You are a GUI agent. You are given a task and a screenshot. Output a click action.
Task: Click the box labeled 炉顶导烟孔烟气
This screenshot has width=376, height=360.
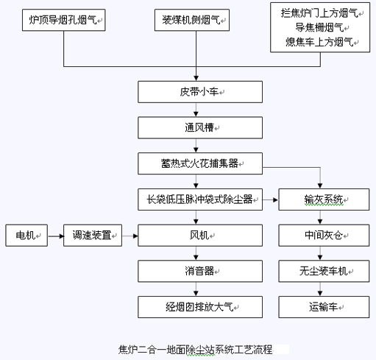(x=64, y=20)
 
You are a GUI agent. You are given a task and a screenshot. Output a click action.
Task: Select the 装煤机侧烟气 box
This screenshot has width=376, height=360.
(x=192, y=20)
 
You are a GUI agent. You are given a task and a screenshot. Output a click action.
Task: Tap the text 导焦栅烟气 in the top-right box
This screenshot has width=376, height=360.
(x=319, y=27)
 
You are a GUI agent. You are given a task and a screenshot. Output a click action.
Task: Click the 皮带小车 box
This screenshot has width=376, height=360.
(x=200, y=92)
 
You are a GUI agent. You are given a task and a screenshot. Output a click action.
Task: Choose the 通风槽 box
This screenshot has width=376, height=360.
(x=200, y=128)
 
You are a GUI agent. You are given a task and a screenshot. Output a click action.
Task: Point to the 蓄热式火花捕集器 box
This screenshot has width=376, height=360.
(x=200, y=163)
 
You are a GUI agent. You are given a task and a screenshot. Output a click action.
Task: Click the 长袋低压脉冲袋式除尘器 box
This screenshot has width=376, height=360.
(x=200, y=200)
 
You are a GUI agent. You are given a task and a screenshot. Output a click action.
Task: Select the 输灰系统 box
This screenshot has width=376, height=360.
(x=324, y=200)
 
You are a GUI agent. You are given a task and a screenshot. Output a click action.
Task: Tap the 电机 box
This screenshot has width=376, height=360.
(x=26, y=236)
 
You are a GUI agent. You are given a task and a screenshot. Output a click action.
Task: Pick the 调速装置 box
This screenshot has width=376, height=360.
(x=93, y=236)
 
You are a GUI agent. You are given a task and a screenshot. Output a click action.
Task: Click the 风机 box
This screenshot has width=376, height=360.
(x=200, y=236)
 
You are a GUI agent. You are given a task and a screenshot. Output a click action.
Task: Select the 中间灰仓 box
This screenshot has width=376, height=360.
(x=324, y=236)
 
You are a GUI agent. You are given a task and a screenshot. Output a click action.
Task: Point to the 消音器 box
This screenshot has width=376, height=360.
(x=200, y=271)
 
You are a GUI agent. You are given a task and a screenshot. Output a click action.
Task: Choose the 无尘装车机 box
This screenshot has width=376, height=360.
(x=324, y=271)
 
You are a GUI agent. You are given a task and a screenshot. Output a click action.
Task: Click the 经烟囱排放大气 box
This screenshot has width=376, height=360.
(x=200, y=307)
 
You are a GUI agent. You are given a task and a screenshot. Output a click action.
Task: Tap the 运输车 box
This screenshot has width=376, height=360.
(x=324, y=307)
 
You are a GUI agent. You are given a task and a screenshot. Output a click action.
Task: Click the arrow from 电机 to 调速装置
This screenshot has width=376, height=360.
(x=56, y=236)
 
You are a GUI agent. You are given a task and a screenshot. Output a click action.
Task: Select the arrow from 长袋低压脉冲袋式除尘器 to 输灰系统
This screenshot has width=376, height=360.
(x=270, y=200)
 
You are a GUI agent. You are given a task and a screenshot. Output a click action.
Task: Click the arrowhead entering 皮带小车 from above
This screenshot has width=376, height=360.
(x=196, y=78)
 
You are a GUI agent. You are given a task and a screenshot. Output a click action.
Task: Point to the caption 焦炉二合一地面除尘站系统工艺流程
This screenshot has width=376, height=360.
(x=196, y=350)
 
